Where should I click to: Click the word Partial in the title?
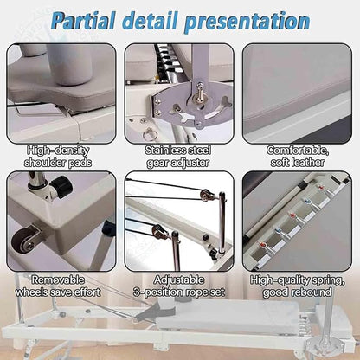(83, 22)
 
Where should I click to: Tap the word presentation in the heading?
(247, 22)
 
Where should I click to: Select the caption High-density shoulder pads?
(58, 157)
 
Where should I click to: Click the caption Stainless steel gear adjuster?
(178, 157)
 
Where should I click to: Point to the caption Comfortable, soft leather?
(298, 157)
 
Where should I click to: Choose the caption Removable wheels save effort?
(58, 286)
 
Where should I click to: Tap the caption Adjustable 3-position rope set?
(179, 286)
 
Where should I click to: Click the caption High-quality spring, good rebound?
(297, 286)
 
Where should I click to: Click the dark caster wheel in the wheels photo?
(22, 241)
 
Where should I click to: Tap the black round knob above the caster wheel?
(61, 187)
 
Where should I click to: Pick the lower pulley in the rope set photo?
(158, 231)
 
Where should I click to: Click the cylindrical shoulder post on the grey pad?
(70, 65)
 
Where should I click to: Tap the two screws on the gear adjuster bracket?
(158, 106)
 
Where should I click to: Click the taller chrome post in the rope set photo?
(222, 222)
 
